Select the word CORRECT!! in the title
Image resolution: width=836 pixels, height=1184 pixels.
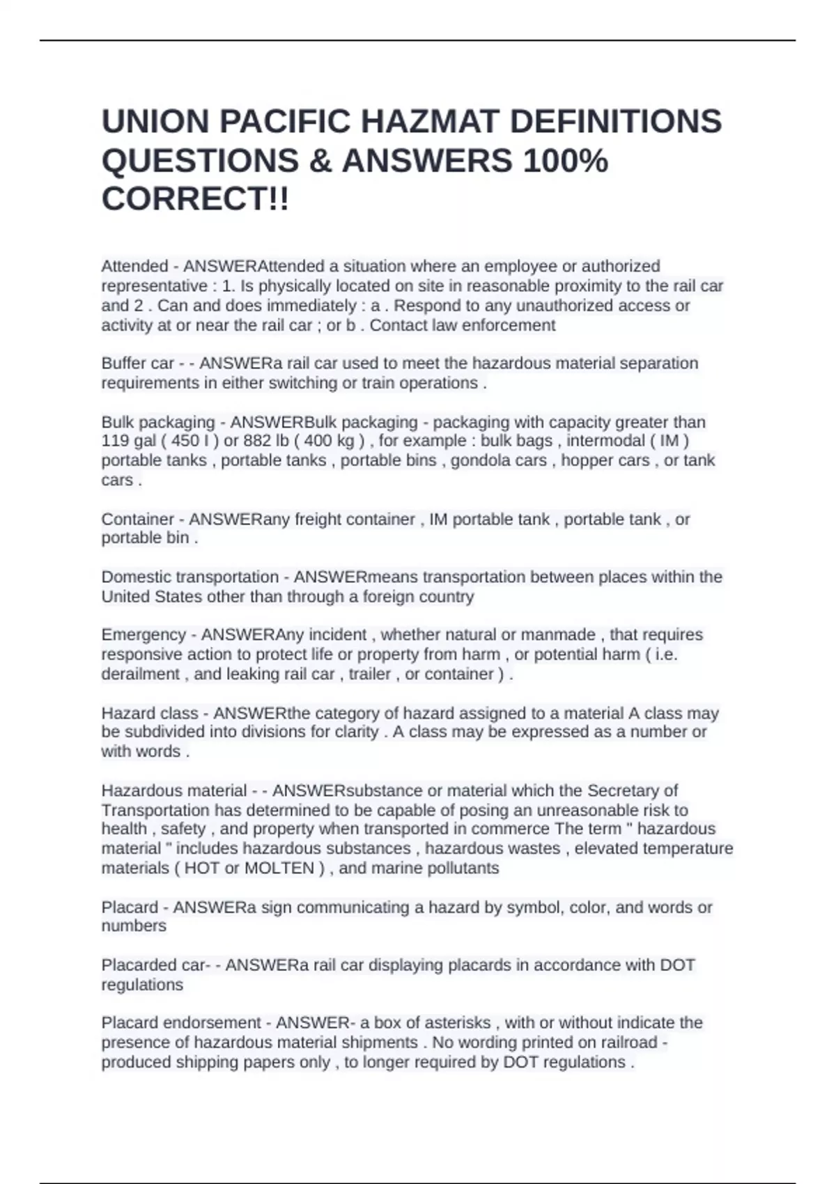click(x=195, y=200)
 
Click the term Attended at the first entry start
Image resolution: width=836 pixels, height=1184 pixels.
click(x=134, y=266)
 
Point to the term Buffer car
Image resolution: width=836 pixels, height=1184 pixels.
click(x=137, y=364)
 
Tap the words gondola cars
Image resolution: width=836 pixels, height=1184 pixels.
click(x=498, y=460)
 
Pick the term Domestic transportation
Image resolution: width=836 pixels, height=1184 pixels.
click(x=189, y=577)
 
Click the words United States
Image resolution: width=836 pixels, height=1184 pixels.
click(x=142, y=597)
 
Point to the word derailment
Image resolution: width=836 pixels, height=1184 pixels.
click(x=140, y=674)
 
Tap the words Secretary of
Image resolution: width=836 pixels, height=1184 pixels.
click(x=632, y=790)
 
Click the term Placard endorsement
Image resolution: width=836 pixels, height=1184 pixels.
click(x=181, y=1023)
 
